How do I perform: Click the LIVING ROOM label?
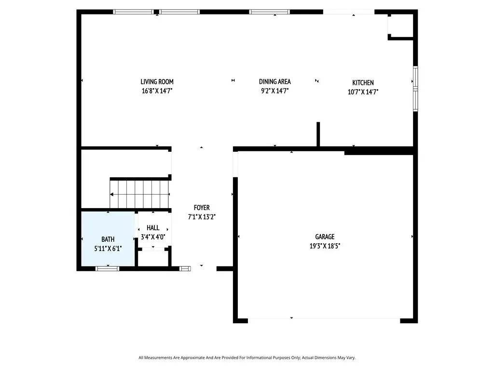click(157, 82)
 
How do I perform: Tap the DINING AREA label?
click(274, 82)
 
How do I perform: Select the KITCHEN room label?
click(363, 83)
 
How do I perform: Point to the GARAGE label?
click(325, 237)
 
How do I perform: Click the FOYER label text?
click(202, 208)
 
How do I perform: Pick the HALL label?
click(153, 228)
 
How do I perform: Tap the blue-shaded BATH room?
click(108, 238)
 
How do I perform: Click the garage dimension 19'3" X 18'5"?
click(325, 246)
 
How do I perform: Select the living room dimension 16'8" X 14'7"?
click(157, 91)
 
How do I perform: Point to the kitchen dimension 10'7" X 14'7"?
click(363, 92)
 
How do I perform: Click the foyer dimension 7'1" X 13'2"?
click(202, 217)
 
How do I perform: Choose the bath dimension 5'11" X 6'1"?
click(108, 249)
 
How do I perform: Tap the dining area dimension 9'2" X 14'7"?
click(274, 91)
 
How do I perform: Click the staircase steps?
click(139, 194)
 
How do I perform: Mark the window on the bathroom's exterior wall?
click(108, 269)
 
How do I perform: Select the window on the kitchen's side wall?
click(415, 89)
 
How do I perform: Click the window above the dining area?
click(269, 12)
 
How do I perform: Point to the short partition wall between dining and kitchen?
click(318, 134)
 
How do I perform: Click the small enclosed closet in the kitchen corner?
click(400, 26)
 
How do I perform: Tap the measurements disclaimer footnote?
click(247, 358)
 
